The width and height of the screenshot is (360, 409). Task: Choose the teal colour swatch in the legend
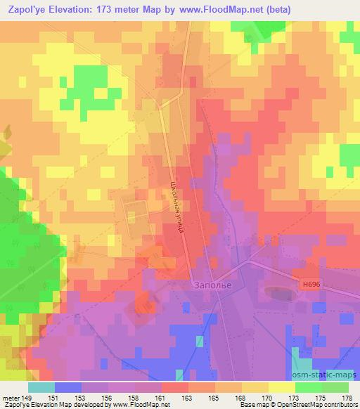click(x=41, y=387)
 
